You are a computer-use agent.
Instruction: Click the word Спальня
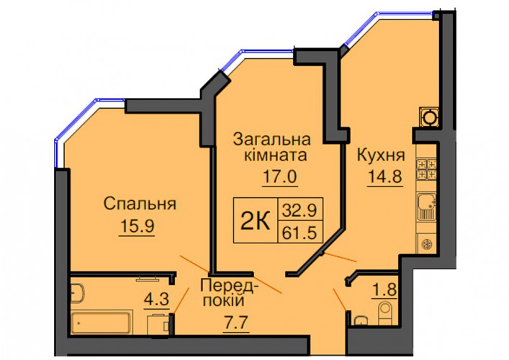(x=140, y=204)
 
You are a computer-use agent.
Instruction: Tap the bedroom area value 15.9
(x=137, y=225)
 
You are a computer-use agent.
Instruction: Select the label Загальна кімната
(x=272, y=148)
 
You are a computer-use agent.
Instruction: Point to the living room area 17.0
(x=280, y=177)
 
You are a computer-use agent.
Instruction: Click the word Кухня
(x=381, y=156)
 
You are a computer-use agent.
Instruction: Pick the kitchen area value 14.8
(x=385, y=177)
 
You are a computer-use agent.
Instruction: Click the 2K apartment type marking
(x=256, y=220)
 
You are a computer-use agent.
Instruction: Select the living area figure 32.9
(x=299, y=210)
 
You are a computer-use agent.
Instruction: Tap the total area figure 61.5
(x=299, y=233)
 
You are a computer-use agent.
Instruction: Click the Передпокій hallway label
(x=230, y=294)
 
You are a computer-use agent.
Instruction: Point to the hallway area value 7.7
(x=236, y=323)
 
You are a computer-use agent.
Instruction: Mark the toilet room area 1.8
(x=384, y=289)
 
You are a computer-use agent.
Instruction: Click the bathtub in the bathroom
(x=102, y=322)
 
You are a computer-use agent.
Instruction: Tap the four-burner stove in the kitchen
(x=426, y=168)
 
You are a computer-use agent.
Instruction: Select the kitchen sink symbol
(x=426, y=207)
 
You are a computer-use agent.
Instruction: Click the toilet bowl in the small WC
(x=386, y=313)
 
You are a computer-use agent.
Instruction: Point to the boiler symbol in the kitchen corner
(x=429, y=117)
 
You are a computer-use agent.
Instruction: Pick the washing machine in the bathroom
(x=158, y=325)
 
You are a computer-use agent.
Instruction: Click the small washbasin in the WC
(x=360, y=320)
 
